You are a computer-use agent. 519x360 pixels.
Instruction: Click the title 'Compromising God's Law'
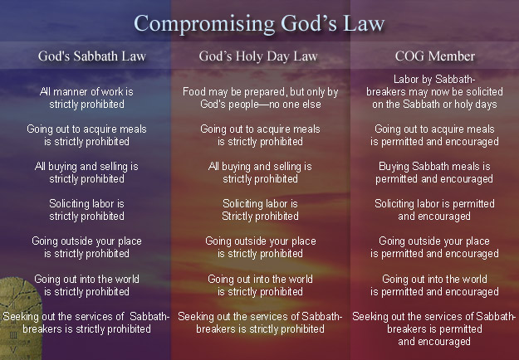[259, 24]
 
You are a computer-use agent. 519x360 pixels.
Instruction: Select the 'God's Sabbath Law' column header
[92, 56]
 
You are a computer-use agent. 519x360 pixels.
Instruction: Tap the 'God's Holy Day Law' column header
[258, 56]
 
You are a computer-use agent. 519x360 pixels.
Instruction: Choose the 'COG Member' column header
[434, 56]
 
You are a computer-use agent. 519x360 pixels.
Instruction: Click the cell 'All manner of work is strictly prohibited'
[86, 98]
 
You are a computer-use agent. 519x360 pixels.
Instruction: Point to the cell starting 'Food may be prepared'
[260, 98]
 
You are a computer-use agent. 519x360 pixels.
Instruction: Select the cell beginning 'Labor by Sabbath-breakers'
[434, 91]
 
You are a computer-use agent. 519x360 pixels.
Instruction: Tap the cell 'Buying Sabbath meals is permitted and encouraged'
[434, 173]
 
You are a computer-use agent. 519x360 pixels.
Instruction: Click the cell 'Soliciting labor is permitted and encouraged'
[434, 210]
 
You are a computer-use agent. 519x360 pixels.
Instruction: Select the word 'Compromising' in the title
[204, 24]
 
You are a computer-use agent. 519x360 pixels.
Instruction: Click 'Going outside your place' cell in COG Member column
[434, 247]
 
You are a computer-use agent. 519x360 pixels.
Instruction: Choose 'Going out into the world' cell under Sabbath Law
[86, 285]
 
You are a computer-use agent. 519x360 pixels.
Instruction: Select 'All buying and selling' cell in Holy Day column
[260, 173]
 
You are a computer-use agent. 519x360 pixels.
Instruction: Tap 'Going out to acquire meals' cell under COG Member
[434, 135]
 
